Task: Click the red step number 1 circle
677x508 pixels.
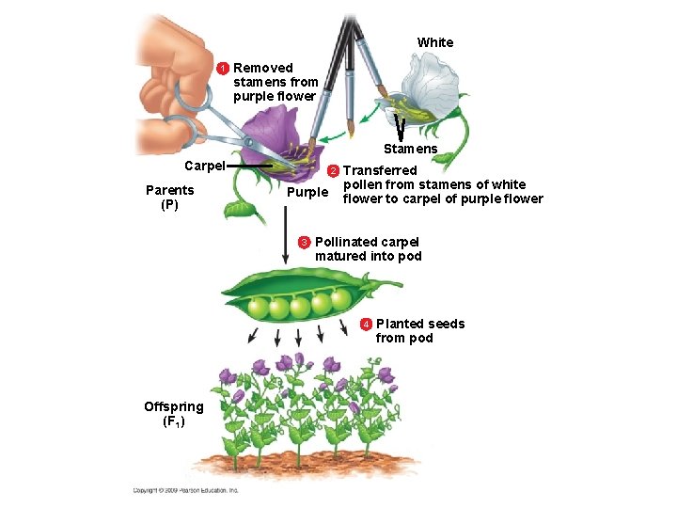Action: tap(224, 69)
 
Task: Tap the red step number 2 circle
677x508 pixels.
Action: tap(332, 171)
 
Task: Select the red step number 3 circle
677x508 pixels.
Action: tap(305, 243)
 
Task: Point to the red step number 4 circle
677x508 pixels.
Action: tap(366, 325)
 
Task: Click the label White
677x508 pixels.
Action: tap(434, 42)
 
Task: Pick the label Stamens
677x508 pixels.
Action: tap(410, 149)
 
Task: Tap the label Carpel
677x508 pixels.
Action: tap(204, 166)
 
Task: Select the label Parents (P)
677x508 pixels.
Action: tap(170, 197)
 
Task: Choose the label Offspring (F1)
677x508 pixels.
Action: tap(173, 413)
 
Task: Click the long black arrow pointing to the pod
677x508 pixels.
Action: tap(286, 235)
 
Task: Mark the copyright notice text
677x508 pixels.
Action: tap(185, 490)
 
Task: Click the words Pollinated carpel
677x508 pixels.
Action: tap(367, 242)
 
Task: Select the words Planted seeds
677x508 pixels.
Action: tap(420, 324)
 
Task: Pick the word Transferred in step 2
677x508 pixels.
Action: tap(380, 170)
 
